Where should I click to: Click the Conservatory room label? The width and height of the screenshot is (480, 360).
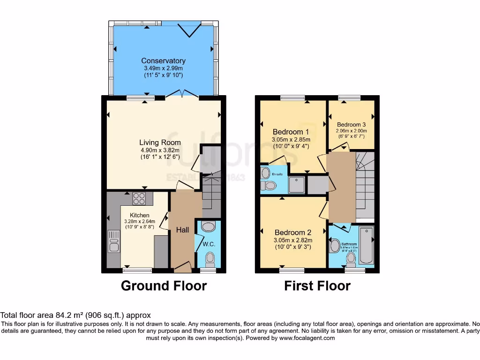tap(163, 61)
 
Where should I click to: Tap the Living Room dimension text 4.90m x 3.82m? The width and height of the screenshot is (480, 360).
tap(160, 150)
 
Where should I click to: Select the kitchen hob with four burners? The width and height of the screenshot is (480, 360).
tap(139, 199)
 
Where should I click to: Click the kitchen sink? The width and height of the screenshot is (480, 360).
tap(114, 241)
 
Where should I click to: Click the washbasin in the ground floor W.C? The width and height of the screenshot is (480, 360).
tap(207, 227)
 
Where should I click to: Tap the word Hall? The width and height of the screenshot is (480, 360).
tap(182, 230)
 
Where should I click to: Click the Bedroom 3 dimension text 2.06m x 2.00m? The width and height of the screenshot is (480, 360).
tap(351, 131)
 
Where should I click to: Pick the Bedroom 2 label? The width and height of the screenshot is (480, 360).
tap(293, 232)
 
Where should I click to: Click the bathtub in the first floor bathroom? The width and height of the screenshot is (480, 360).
tap(367, 245)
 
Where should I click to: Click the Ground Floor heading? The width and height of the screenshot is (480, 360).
tap(164, 285)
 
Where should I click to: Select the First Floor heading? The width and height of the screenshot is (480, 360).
tap(317, 285)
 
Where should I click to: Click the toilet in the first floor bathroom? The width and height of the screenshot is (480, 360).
tap(351, 257)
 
